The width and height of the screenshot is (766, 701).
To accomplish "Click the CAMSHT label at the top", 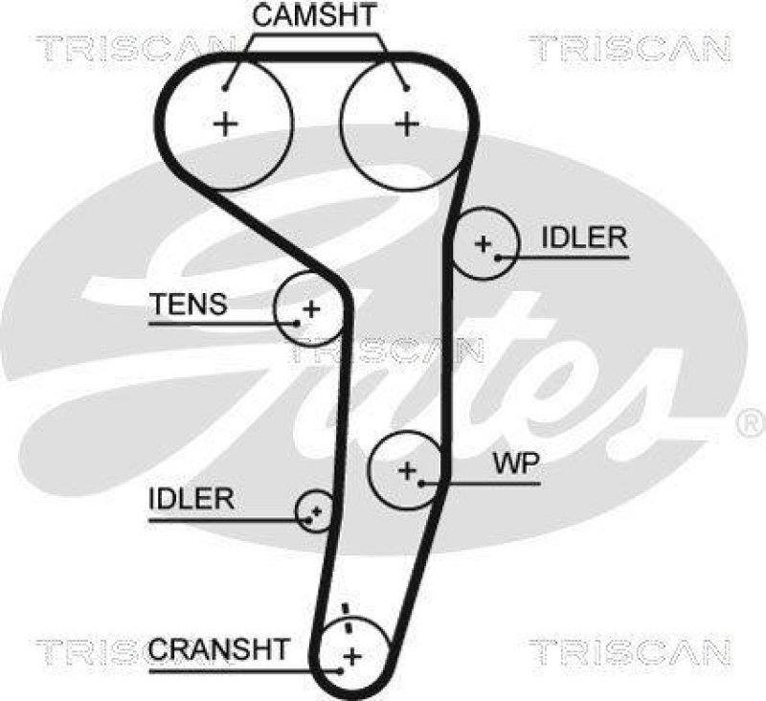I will pyautogui.click(x=314, y=16).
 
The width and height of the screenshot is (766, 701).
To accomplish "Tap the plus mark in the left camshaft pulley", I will pyautogui.click(x=226, y=123).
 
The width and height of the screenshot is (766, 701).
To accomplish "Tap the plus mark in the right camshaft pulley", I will pyautogui.click(x=408, y=123).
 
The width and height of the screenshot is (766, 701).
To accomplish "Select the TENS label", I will pyautogui.click(x=189, y=305).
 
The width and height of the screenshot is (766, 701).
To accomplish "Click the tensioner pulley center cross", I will pyautogui.click(x=309, y=308).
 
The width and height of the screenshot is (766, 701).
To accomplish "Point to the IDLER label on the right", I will pyautogui.click(x=583, y=238).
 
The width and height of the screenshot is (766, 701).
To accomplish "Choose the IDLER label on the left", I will pyautogui.click(x=191, y=499).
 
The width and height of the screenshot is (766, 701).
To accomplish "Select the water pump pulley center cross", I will pyautogui.click(x=408, y=469).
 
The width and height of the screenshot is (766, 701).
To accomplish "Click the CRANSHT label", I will pyautogui.click(x=217, y=648).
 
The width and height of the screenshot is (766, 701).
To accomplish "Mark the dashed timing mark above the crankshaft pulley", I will pyautogui.click(x=349, y=617).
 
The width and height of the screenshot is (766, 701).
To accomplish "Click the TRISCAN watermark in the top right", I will pyautogui.click(x=629, y=46).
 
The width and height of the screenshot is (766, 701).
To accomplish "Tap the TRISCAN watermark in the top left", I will pyautogui.click(x=134, y=46).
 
